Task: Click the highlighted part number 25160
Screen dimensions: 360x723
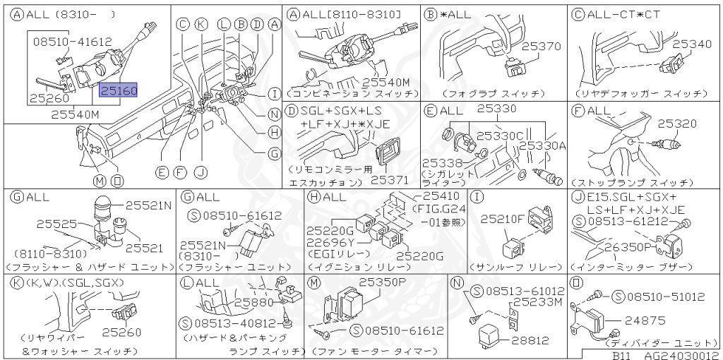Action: (x=119, y=90)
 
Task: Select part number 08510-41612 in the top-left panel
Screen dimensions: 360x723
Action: (x=73, y=42)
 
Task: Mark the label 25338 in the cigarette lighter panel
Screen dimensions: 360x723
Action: (x=442, y=163)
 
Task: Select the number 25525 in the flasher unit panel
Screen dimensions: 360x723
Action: (x=57, y=223)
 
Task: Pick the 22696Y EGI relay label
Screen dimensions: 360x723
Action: (x=330, y=242)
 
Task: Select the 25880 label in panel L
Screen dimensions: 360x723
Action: (x=254, y=301)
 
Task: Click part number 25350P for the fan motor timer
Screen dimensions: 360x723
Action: (x=383, y=281)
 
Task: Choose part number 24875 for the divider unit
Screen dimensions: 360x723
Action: (x=643, y=320)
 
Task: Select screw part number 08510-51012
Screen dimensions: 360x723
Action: (x=667, y=296)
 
